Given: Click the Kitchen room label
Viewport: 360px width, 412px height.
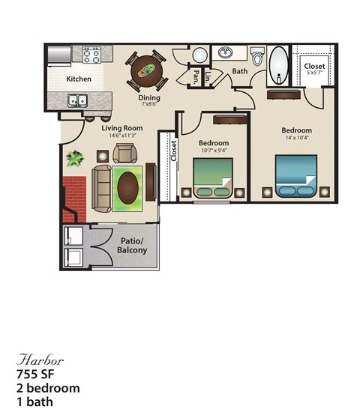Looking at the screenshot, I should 79,79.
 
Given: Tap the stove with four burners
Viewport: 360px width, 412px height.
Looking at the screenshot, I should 91,55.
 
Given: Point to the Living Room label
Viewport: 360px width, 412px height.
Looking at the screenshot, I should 122,128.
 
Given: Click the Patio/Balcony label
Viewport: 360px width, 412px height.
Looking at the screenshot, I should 132,246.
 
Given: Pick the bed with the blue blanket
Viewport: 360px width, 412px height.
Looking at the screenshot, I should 295,175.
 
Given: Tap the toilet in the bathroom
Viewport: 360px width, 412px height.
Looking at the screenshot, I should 258,56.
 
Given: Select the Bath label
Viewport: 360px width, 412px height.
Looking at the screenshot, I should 239,72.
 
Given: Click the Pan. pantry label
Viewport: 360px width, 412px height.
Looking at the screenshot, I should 195,76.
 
